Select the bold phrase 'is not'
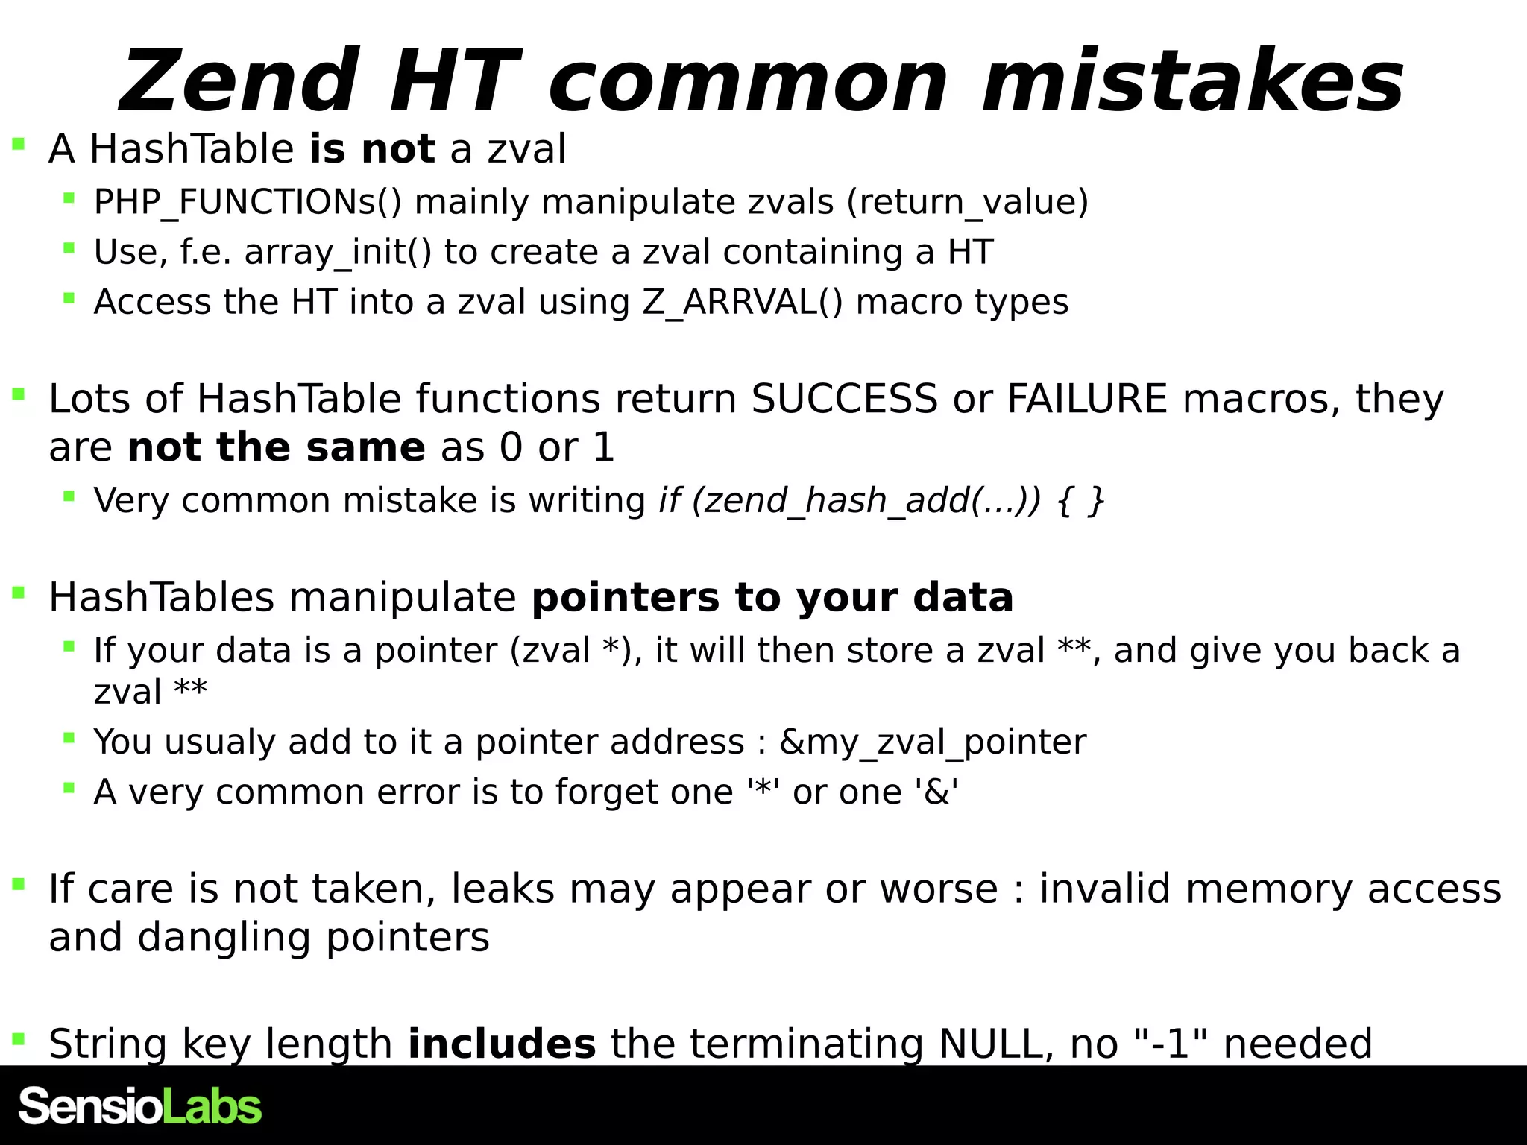pos(371,148)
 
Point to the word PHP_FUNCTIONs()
pos(248,202)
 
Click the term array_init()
pos(338,252)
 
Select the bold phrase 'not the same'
pos(276,447)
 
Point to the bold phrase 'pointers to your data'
pos(772,597)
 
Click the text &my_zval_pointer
pos(932,742)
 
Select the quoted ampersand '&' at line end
pos(936,791)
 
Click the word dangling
pos(224,937)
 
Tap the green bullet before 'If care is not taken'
pos(19,885)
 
